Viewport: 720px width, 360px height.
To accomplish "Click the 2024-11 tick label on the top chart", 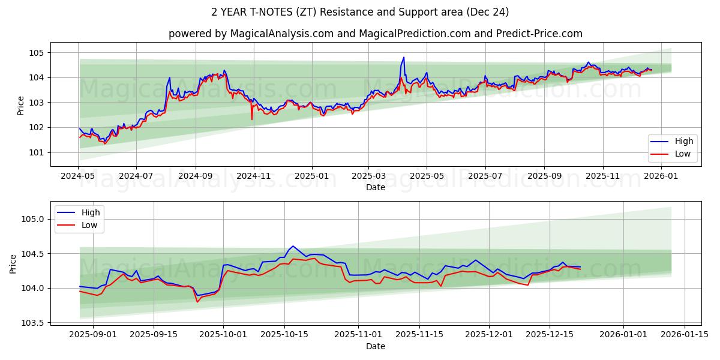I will coord(253,176).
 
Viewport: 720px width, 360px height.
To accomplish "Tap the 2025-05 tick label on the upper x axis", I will coord(427,176).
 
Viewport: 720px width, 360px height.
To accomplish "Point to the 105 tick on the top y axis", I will coord(37,53).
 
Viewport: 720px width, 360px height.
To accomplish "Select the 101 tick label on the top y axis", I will coord(37,152).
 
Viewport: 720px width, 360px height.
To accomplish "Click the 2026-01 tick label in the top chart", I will coord(661,176).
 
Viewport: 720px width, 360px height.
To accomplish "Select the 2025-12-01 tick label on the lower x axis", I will coord(490,334).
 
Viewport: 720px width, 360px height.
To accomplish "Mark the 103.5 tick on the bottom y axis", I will coord(32,323).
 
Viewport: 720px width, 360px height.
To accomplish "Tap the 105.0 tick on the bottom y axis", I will coord(32,219).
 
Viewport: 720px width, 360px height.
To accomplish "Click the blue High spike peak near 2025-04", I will coord(404,58).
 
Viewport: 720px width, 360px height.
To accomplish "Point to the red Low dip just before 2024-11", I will coord(252,119).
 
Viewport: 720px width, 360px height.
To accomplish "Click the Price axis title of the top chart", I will coord(21,106).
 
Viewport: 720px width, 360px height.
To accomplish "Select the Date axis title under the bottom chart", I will coord(376,346).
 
